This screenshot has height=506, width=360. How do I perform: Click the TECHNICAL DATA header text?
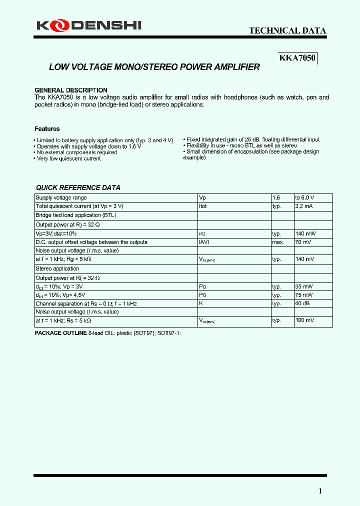coord(287,30)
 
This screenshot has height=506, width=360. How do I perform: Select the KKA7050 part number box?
coord(297,58)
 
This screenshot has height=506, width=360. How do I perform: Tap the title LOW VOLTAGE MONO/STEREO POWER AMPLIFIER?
coord(154,67)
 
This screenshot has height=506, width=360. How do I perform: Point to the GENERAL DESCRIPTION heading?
coord(70,90)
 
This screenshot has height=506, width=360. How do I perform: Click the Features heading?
coord(47,129)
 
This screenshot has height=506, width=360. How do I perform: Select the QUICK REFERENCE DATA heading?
coord(78,187)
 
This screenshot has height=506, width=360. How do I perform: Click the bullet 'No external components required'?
coord(76,152)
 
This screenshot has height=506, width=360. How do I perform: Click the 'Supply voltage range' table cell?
coord(61,198)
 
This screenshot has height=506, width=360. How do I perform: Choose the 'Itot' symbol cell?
coord(203,206)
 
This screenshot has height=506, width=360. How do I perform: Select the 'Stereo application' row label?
coord(57,268)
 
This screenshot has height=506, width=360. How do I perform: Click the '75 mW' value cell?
coord(304,295)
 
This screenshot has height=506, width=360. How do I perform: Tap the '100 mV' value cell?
coord(304,320)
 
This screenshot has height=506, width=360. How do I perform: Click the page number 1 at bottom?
coord(320,491)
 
